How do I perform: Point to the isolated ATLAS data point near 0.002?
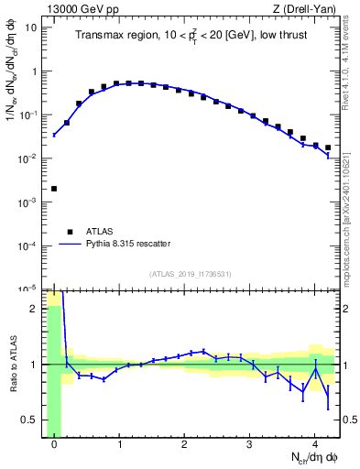pyautogui.click(x=54, y=189)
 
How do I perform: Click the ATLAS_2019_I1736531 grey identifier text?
pyautogui.click(x=191, y=274)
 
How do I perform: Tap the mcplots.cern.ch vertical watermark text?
pyautogui.click(x=351, y=211)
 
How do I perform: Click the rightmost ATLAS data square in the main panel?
pyautogui.click(x=328, y=147)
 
